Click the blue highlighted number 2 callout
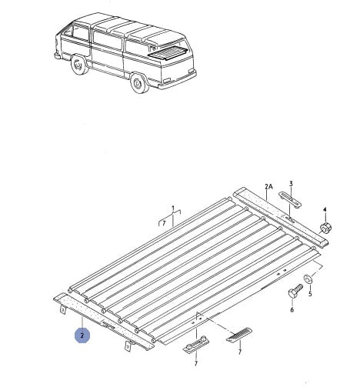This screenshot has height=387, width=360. (x=82, y=335)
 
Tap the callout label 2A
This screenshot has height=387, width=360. (x=268, y=187)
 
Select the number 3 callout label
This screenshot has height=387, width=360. (x=291, y=184)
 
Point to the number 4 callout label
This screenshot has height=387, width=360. (x=325, y=209)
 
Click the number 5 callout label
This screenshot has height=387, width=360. (x=310, y=293)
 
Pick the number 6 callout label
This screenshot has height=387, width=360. (x=292, y=310)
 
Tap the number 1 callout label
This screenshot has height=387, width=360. (x=173, y=208)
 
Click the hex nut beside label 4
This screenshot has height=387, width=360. (x=325, y=228)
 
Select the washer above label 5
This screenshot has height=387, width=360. (x=307, y=279)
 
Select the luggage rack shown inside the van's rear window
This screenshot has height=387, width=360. (x=167, y=54)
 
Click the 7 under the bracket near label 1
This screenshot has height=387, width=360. (x=164, y=223)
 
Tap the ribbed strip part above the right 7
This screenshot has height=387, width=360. (x=238, y=335)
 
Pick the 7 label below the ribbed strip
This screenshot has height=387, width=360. (x=240, y=352)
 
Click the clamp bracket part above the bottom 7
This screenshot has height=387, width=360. (x=197, y=345)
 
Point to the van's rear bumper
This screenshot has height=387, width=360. (x=177, y=80)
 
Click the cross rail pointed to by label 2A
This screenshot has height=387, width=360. (x=281, y=217)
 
